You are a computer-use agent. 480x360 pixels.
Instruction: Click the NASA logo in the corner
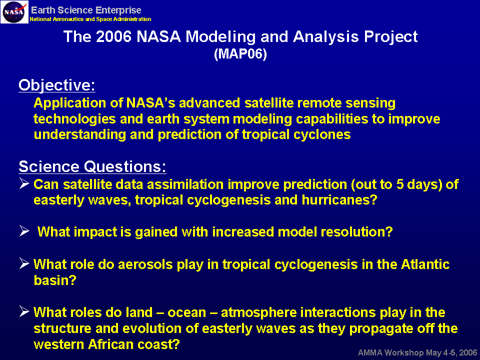[14, 12]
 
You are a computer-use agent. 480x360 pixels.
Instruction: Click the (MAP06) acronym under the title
[240, 54]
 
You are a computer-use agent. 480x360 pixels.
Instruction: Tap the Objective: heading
[56, 85]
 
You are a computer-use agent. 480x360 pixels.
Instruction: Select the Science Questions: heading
[92, 166]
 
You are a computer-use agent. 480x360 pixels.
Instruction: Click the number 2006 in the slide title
[113, 36]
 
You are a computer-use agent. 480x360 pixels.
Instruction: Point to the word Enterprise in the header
[118, 10]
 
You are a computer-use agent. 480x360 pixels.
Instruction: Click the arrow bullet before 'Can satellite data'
[24, 183]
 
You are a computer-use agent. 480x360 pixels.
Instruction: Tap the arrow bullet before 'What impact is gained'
[24, 231]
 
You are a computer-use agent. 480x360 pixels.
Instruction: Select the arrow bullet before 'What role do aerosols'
[24, 263]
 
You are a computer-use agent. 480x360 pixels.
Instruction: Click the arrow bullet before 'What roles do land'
[24, 311]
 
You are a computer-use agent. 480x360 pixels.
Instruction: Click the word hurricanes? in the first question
[339, 200]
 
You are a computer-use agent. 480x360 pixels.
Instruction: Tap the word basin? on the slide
[55, 280]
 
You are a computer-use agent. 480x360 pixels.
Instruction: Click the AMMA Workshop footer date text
[417, 352]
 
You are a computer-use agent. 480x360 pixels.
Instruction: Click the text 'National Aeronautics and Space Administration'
[90, 19]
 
